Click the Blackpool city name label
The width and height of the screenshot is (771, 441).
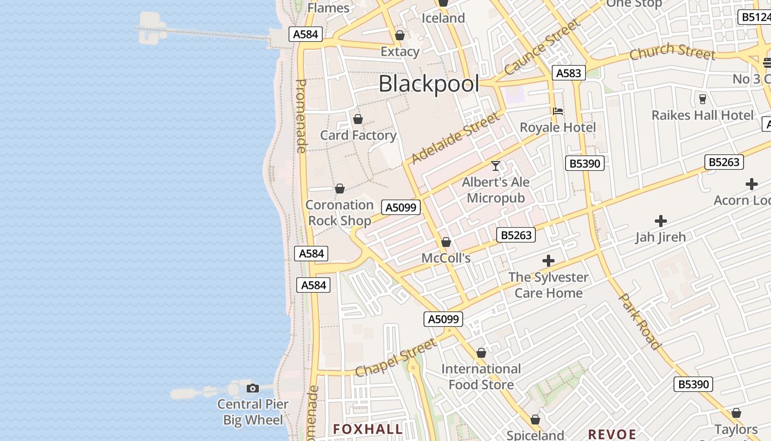[x=428, y=84]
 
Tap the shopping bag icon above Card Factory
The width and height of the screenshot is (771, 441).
[x=358, y=119]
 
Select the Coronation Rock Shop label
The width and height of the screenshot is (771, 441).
[x=339, y=213]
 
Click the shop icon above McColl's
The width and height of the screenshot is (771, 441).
[x=446, y=242]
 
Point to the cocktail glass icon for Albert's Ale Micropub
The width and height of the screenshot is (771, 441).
[x=496, y=165]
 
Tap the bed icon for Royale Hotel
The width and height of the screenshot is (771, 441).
[x=557, y=111]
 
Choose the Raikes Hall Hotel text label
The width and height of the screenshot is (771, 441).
[x=702, y=115]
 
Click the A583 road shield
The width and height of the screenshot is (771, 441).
[x=568, y=73]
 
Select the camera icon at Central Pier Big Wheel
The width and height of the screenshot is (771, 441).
[x=253, y=388]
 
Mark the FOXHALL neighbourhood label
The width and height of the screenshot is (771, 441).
[x=368, y=429]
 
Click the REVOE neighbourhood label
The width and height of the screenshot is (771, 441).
[x=612, y=434]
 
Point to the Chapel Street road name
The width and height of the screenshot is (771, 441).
[x=396, y=358]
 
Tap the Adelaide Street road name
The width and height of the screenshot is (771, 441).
[x=455, y=138]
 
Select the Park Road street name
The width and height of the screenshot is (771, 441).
[x=640, y=321]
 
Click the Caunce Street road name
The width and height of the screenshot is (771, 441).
[x=542, y=47]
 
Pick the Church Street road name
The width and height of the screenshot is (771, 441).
[x=672, y=52]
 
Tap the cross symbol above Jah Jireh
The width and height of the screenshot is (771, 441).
[x=660, y=221]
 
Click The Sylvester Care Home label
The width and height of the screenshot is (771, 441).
[x=548, y=285]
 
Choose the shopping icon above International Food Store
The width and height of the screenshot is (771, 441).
[x=481, y=353]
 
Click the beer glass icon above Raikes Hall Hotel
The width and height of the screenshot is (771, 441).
[x=702, y=99]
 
